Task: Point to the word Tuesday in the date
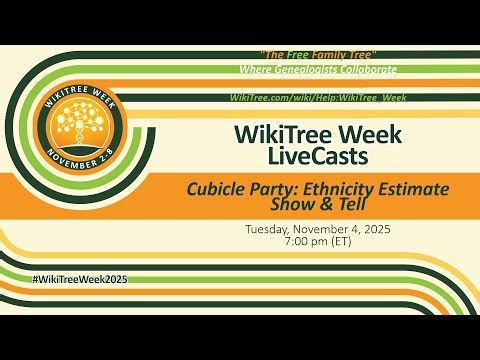coord(271,228)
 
